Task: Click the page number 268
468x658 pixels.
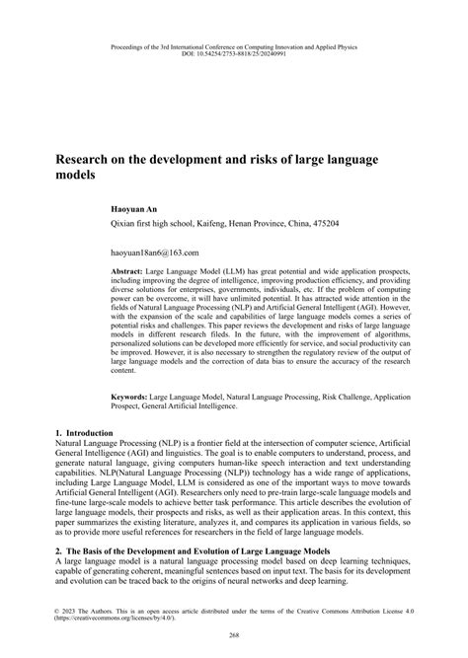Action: (234, 634)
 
